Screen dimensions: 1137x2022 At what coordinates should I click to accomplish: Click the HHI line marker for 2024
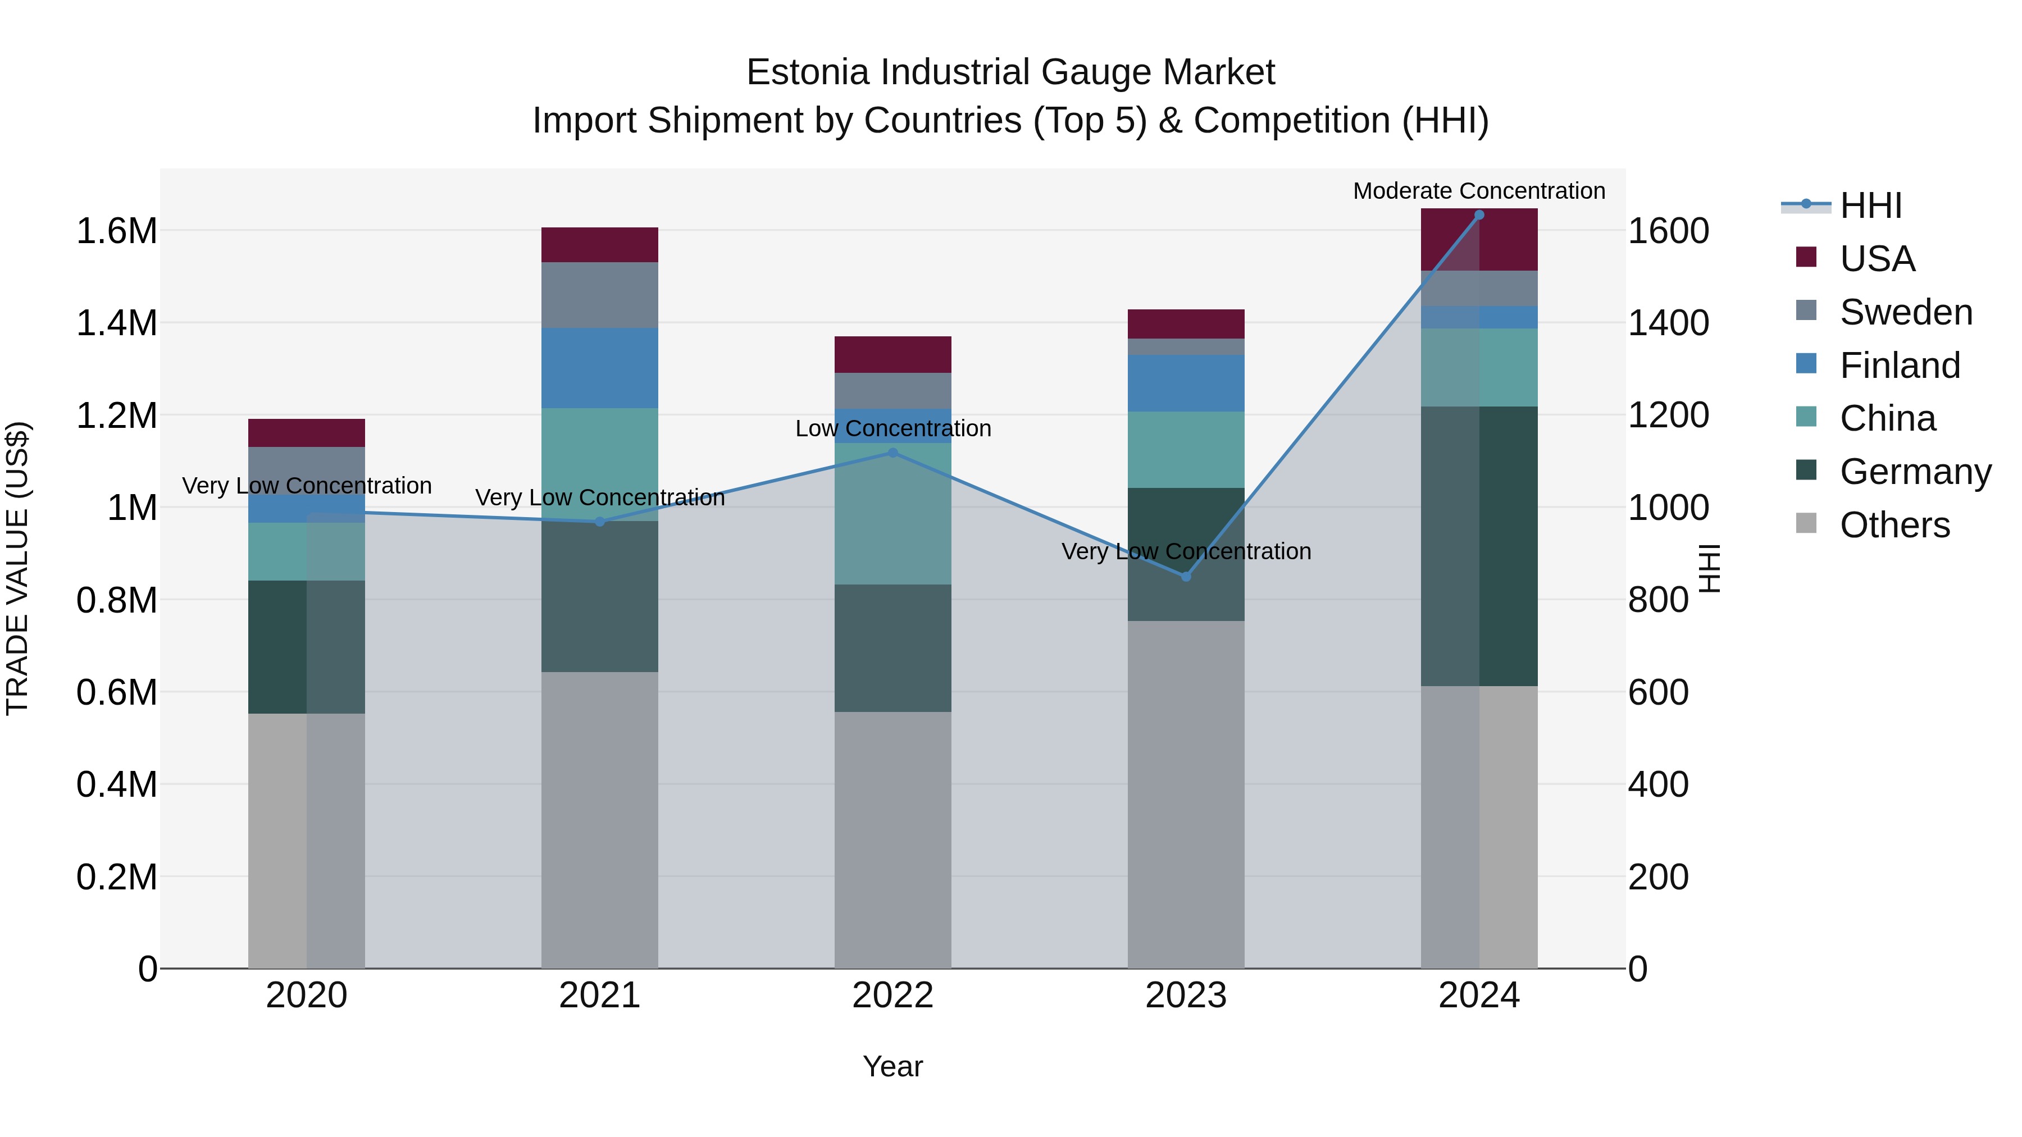click(x=1479, y=214)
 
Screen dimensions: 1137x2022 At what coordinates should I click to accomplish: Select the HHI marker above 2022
click(x=892, y=453)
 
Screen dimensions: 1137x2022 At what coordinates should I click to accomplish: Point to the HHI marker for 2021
click(x=600, y=522)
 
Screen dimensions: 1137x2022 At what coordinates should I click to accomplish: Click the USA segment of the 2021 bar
click(x=600, y=245)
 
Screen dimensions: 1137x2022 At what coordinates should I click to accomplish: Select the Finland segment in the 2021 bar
click(x=600, y=368)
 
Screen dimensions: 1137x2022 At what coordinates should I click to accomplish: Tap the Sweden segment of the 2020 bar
click(x=307, y=470)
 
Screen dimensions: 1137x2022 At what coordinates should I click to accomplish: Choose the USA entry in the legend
click(x=1877, y=259)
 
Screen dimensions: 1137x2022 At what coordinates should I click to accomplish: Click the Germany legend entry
click(x=1915, y=472)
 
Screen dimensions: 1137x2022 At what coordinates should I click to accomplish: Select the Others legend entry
click(x=1894, y=525)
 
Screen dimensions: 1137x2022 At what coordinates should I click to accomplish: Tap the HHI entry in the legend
click(x=1870, y=206)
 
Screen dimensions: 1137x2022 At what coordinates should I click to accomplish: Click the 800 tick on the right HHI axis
click(x=1658, y=600)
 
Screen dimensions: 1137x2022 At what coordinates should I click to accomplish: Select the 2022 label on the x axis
click(x=892, y=996)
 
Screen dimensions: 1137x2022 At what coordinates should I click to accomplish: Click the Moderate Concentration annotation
click(x=1479, y=191)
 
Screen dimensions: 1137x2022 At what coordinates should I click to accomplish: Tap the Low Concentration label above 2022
click(x=893, y=428)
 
